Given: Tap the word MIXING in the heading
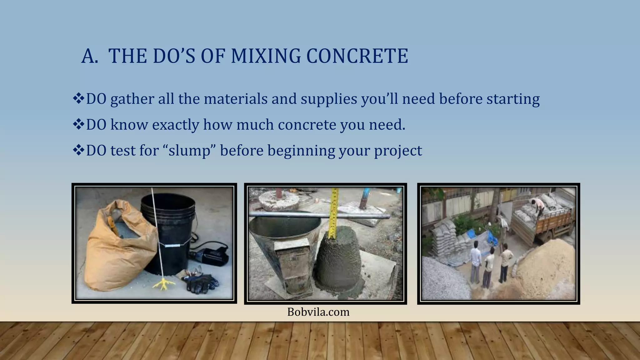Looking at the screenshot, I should pyautogui.click(x=265, y=56).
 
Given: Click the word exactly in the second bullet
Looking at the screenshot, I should pyautogui.click(x=176, y=125).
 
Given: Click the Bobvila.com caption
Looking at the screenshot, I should pyautogui.click(x=318, y=312).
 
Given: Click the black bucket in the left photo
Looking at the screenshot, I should pyautogui.click(x=169, y=231).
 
